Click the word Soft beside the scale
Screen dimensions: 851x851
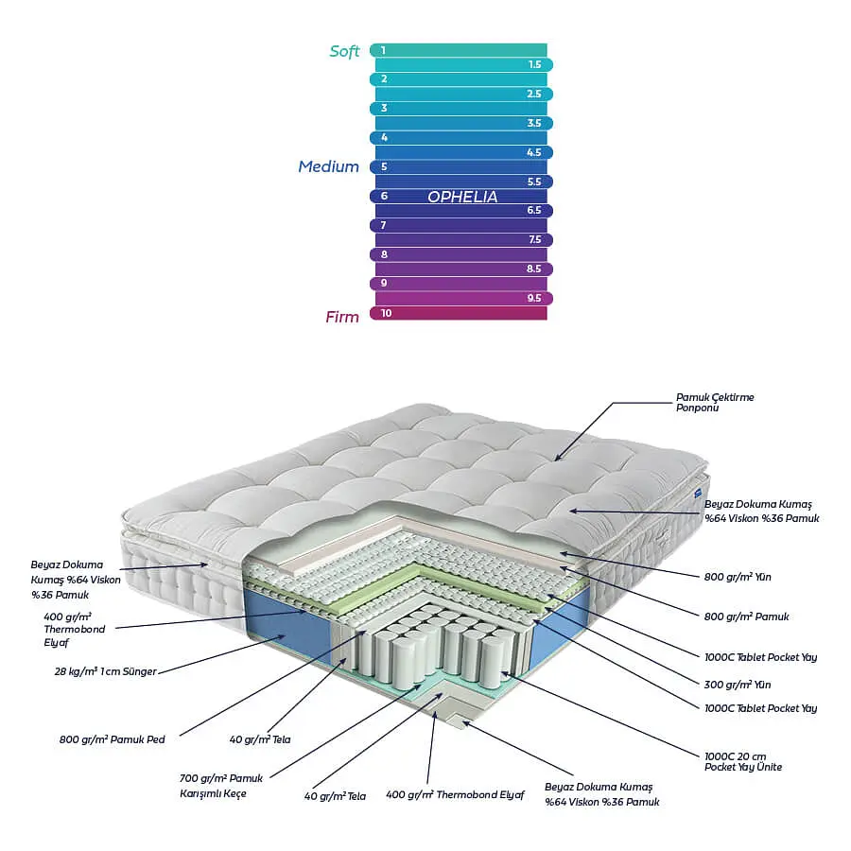click(344, 51)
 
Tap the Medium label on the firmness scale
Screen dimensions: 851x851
click(328, 166)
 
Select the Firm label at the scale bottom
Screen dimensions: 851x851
click(342, 317)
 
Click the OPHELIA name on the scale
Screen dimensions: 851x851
click(462, 197)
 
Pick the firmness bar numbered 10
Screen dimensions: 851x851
click(459, 313)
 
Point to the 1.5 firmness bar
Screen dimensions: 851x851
click(464, 64)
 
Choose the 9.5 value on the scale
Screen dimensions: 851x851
click(534, 298)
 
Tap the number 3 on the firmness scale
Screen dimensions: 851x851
click(384, 108)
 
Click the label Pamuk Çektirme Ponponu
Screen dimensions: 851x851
click(715, 402)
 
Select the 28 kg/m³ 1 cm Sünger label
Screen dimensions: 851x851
click(105, 671)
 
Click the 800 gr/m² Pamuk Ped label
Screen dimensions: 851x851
click(112, 739)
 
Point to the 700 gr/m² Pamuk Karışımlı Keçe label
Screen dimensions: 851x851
click(221, 786)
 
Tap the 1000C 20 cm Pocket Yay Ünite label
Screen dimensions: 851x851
click(743, 761)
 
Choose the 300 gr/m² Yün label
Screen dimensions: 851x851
click(737, 685)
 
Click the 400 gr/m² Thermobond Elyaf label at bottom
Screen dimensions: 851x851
click(455, 795)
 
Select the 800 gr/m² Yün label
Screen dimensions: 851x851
click(737, 577)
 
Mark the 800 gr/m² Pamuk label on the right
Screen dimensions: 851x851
click(746, 617)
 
